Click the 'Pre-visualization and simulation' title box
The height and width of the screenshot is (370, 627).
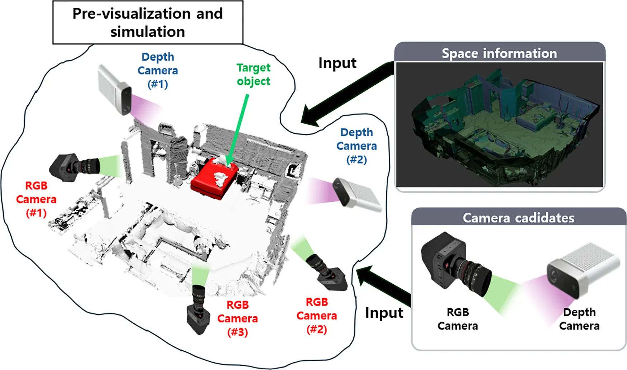click(148, 22)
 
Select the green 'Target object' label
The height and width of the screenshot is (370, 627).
click(253, 74)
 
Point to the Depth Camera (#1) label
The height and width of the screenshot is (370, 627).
click(158, 70)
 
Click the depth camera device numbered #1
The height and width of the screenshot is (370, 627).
click(115, 90)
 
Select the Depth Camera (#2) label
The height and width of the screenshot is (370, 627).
click(356, 146)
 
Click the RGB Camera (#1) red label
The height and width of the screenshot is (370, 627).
click(36, 199)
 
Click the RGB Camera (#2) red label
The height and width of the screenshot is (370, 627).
click(317, 316)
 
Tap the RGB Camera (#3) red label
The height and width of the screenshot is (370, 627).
click(238, 318)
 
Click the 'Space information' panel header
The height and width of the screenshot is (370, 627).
click(499, 53)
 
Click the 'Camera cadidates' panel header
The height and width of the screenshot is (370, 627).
click(518, 218)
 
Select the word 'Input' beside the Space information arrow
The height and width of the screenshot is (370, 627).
click(337, 63)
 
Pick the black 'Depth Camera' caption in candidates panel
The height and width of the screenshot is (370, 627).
click(579, 319)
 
